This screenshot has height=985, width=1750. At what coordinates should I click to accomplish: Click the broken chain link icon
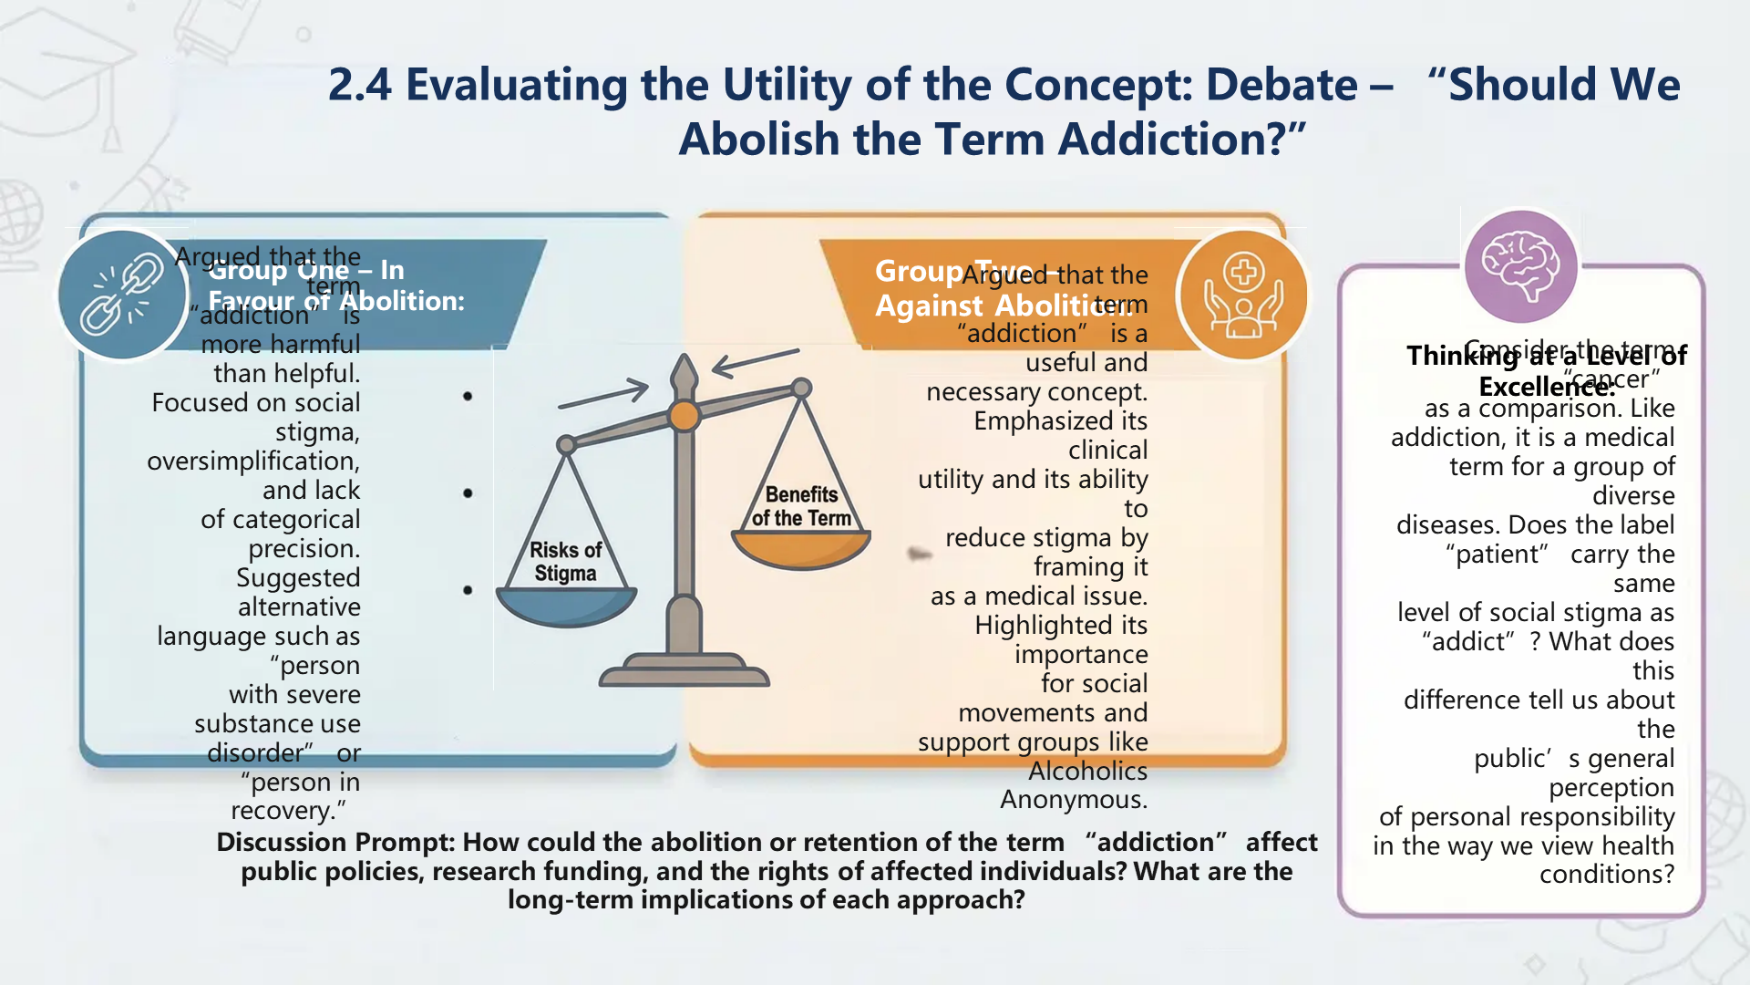(122, 295)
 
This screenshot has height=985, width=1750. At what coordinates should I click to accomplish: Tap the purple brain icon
(1520, 266)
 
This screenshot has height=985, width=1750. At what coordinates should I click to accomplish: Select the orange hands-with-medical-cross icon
(1243, 295)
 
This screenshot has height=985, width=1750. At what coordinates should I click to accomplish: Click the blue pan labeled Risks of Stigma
(566, 606)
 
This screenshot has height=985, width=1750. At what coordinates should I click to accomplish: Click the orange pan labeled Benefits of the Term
(801, 548)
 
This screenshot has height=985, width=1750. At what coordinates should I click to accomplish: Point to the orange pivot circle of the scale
(684, 416)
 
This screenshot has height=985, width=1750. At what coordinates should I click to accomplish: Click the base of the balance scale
(684, 672)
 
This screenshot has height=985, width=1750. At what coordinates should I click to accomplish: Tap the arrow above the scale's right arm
(755, 362)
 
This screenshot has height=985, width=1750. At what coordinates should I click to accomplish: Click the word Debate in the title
(1281, 85)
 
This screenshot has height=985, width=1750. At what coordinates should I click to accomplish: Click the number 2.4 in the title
(359, 85)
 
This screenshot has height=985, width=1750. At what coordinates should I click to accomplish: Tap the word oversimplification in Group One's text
(252, 461)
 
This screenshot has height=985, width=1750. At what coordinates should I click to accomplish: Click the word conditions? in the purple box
(1606, 875)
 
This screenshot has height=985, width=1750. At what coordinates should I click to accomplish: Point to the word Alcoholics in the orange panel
(1087, 772)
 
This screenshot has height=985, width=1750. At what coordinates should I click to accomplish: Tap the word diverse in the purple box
(1632, 496)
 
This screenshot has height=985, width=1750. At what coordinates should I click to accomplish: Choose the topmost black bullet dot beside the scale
(468, 396)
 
